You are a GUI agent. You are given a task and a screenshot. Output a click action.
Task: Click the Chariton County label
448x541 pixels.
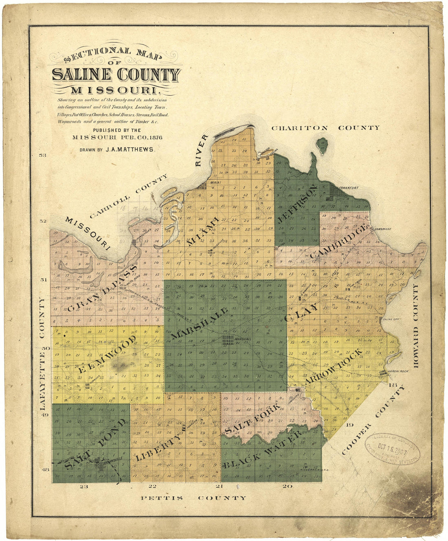pos(325,128)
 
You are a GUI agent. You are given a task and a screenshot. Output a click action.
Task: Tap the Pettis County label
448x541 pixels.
pos(193,498)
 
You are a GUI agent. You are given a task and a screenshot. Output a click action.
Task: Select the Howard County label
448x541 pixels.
pos(416,326)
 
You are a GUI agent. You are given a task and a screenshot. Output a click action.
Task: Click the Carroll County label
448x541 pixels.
pos(128,196)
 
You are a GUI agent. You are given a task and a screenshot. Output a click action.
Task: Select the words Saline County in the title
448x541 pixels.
pos(116,75)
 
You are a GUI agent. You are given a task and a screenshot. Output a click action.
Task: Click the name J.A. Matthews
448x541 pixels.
pos(130,149)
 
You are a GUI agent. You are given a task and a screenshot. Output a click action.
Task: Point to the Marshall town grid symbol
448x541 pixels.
pos(229,340)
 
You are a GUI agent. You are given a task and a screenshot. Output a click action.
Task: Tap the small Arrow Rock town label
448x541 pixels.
pos(395,372)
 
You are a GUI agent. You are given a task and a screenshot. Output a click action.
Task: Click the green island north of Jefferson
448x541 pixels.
pos(323,145)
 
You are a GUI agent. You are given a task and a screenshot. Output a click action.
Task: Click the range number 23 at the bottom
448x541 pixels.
pos(83,486)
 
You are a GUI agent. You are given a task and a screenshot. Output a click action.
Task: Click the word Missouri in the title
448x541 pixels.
pos(116,90)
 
